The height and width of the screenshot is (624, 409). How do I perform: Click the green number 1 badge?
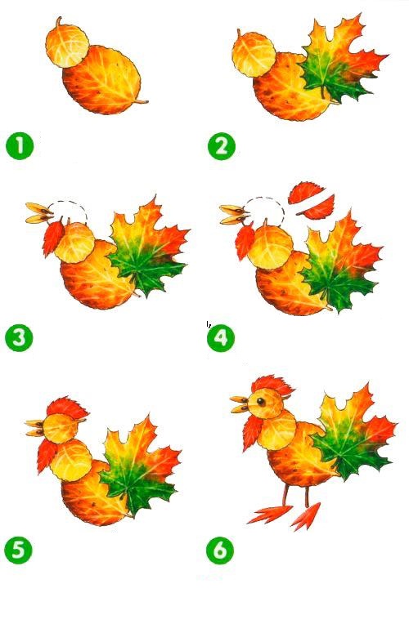[x=20, y=145]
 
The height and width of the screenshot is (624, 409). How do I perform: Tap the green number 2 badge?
[x=222, y=146]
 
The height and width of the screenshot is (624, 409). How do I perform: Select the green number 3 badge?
[x=19, y=338]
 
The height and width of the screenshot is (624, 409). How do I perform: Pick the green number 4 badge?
[x=221, y=338]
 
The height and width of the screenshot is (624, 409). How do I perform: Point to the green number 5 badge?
[x=18, y=550]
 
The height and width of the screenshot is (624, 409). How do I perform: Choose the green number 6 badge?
[x=220, y=550]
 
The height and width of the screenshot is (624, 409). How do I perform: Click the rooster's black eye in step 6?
[x=261, y=402]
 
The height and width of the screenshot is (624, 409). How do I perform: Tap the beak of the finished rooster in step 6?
[x=240, y=404]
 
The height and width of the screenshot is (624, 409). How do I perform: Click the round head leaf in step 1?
[x=67, y=45]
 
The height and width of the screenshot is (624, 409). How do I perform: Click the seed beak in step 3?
[x=39, y=213]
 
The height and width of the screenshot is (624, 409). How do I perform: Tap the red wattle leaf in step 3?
[x=52, y=236]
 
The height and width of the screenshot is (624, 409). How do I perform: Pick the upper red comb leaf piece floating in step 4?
[x=306, y=192]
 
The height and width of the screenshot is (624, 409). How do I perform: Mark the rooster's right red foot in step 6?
[x=306, y=516]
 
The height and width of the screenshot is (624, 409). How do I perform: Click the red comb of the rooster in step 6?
[x=273, y=386]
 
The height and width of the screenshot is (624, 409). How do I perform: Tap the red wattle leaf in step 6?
[x=253, y=433]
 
